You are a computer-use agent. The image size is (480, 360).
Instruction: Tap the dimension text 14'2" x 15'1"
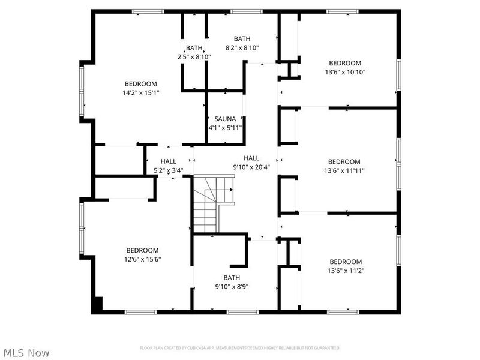142,92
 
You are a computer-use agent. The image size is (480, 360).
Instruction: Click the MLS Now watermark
26,353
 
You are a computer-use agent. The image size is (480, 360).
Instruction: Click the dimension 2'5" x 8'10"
194,56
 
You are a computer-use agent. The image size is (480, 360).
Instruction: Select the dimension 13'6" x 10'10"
345,72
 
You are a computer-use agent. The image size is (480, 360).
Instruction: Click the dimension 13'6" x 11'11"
344,170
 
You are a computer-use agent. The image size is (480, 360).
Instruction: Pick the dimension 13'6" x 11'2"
346,271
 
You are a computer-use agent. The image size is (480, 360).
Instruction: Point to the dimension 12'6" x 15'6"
142,259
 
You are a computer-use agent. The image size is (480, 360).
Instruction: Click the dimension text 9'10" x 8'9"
232,286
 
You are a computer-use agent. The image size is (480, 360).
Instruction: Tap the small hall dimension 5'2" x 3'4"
168,170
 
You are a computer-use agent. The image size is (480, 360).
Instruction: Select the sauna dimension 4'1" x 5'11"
224,127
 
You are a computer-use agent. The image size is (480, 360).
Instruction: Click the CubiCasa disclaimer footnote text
240,347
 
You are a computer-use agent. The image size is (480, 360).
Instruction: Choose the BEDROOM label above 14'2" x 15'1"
141,83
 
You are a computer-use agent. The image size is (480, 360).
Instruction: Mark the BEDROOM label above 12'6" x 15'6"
142,250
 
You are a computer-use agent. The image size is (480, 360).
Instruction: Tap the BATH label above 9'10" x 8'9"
232,277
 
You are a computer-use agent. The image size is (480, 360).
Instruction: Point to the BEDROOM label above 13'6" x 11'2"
346,262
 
